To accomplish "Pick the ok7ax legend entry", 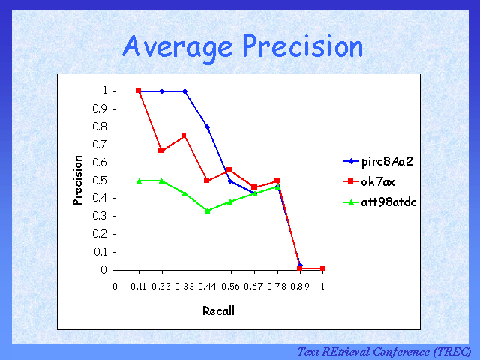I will (x=375, y=181).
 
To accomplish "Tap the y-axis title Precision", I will (x=77, y=180).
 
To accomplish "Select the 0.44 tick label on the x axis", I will (x=208, y=286).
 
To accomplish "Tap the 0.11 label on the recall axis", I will (x=139, y=286).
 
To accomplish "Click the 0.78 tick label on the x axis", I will (x=277, y=286).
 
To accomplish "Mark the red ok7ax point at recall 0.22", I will (x=161, y=151).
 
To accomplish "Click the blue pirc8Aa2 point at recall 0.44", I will (x=208, y=127).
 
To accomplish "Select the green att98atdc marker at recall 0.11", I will (x=139, y=181).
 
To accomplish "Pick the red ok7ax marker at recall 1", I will (x=322, y=268).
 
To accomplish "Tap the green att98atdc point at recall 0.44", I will (x=208, y=211).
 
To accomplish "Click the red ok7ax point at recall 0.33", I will (x=184, y=136).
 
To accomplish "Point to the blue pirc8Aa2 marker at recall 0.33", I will (x=184, y=91).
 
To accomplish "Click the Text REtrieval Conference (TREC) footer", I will (x=384, y=351).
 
